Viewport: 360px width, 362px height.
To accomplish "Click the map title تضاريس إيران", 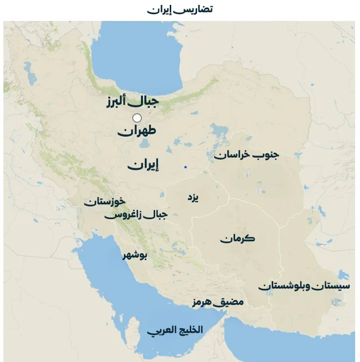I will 180,9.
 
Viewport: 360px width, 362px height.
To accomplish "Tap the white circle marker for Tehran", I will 137,118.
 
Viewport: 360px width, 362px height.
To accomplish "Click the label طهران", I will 137,131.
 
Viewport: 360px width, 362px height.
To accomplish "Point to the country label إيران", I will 143,165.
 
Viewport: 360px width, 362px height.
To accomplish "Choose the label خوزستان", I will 104,201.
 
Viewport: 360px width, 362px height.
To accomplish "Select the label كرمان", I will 237,239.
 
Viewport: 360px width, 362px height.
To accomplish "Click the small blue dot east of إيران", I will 185,167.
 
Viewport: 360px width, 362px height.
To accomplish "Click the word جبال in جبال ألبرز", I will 146,101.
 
